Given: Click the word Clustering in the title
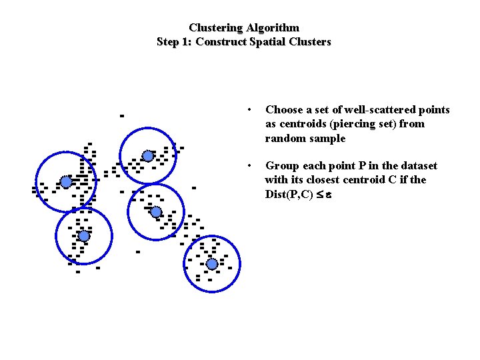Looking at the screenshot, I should click(x=216, y=28).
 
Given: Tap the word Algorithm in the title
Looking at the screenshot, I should click(x=273, y=28).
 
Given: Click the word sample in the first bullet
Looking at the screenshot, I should click(x=331, y=139).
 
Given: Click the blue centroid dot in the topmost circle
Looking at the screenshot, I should click(x=148, y=156).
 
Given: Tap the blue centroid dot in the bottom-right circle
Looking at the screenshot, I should click(x=211, y=264).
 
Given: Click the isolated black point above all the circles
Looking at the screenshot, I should click(x=121, y=115).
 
